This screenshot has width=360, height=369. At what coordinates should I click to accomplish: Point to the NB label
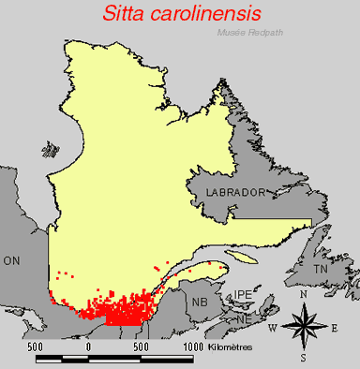199,303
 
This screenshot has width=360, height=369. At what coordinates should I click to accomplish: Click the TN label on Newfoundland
322,269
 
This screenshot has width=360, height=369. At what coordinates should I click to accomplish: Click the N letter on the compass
302,295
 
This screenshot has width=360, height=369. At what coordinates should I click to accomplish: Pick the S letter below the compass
303,357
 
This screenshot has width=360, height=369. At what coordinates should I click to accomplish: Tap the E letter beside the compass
334,327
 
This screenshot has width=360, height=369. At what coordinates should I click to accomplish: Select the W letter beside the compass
273,327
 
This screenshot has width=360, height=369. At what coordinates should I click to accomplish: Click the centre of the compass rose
303,326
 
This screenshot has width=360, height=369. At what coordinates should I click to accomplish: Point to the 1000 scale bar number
192,347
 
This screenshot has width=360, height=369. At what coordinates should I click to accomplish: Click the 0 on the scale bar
88,347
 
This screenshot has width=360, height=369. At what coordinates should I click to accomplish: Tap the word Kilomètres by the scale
231,347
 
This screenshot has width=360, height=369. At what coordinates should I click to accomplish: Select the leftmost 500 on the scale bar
36,347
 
